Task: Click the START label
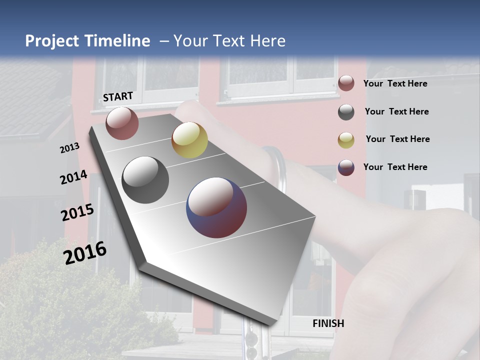click(x=118, y=96)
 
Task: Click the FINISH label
click(x=328, y=323)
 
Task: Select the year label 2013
click(x=69, y=148)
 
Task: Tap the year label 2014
click(x=74, y=177)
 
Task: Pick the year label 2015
click(x=77, y=212)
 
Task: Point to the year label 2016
click(x=85, y=253)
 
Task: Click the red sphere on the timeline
click(x=122, y=123)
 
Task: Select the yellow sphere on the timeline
click(x=189, y=140)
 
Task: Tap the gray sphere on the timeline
click(x=145, y=180)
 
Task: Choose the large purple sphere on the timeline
click(x=216, y=207)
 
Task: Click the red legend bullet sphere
click(x=346, y=83)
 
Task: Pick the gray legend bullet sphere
click(x=346, y=112)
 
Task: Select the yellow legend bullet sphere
click(x=346, y=140)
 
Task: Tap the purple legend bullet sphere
click(x=346, y=167)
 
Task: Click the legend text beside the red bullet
click(x=395, y=83)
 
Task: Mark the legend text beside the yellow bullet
click(x=397, y=139)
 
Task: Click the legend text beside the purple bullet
click(x=395, y=167)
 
